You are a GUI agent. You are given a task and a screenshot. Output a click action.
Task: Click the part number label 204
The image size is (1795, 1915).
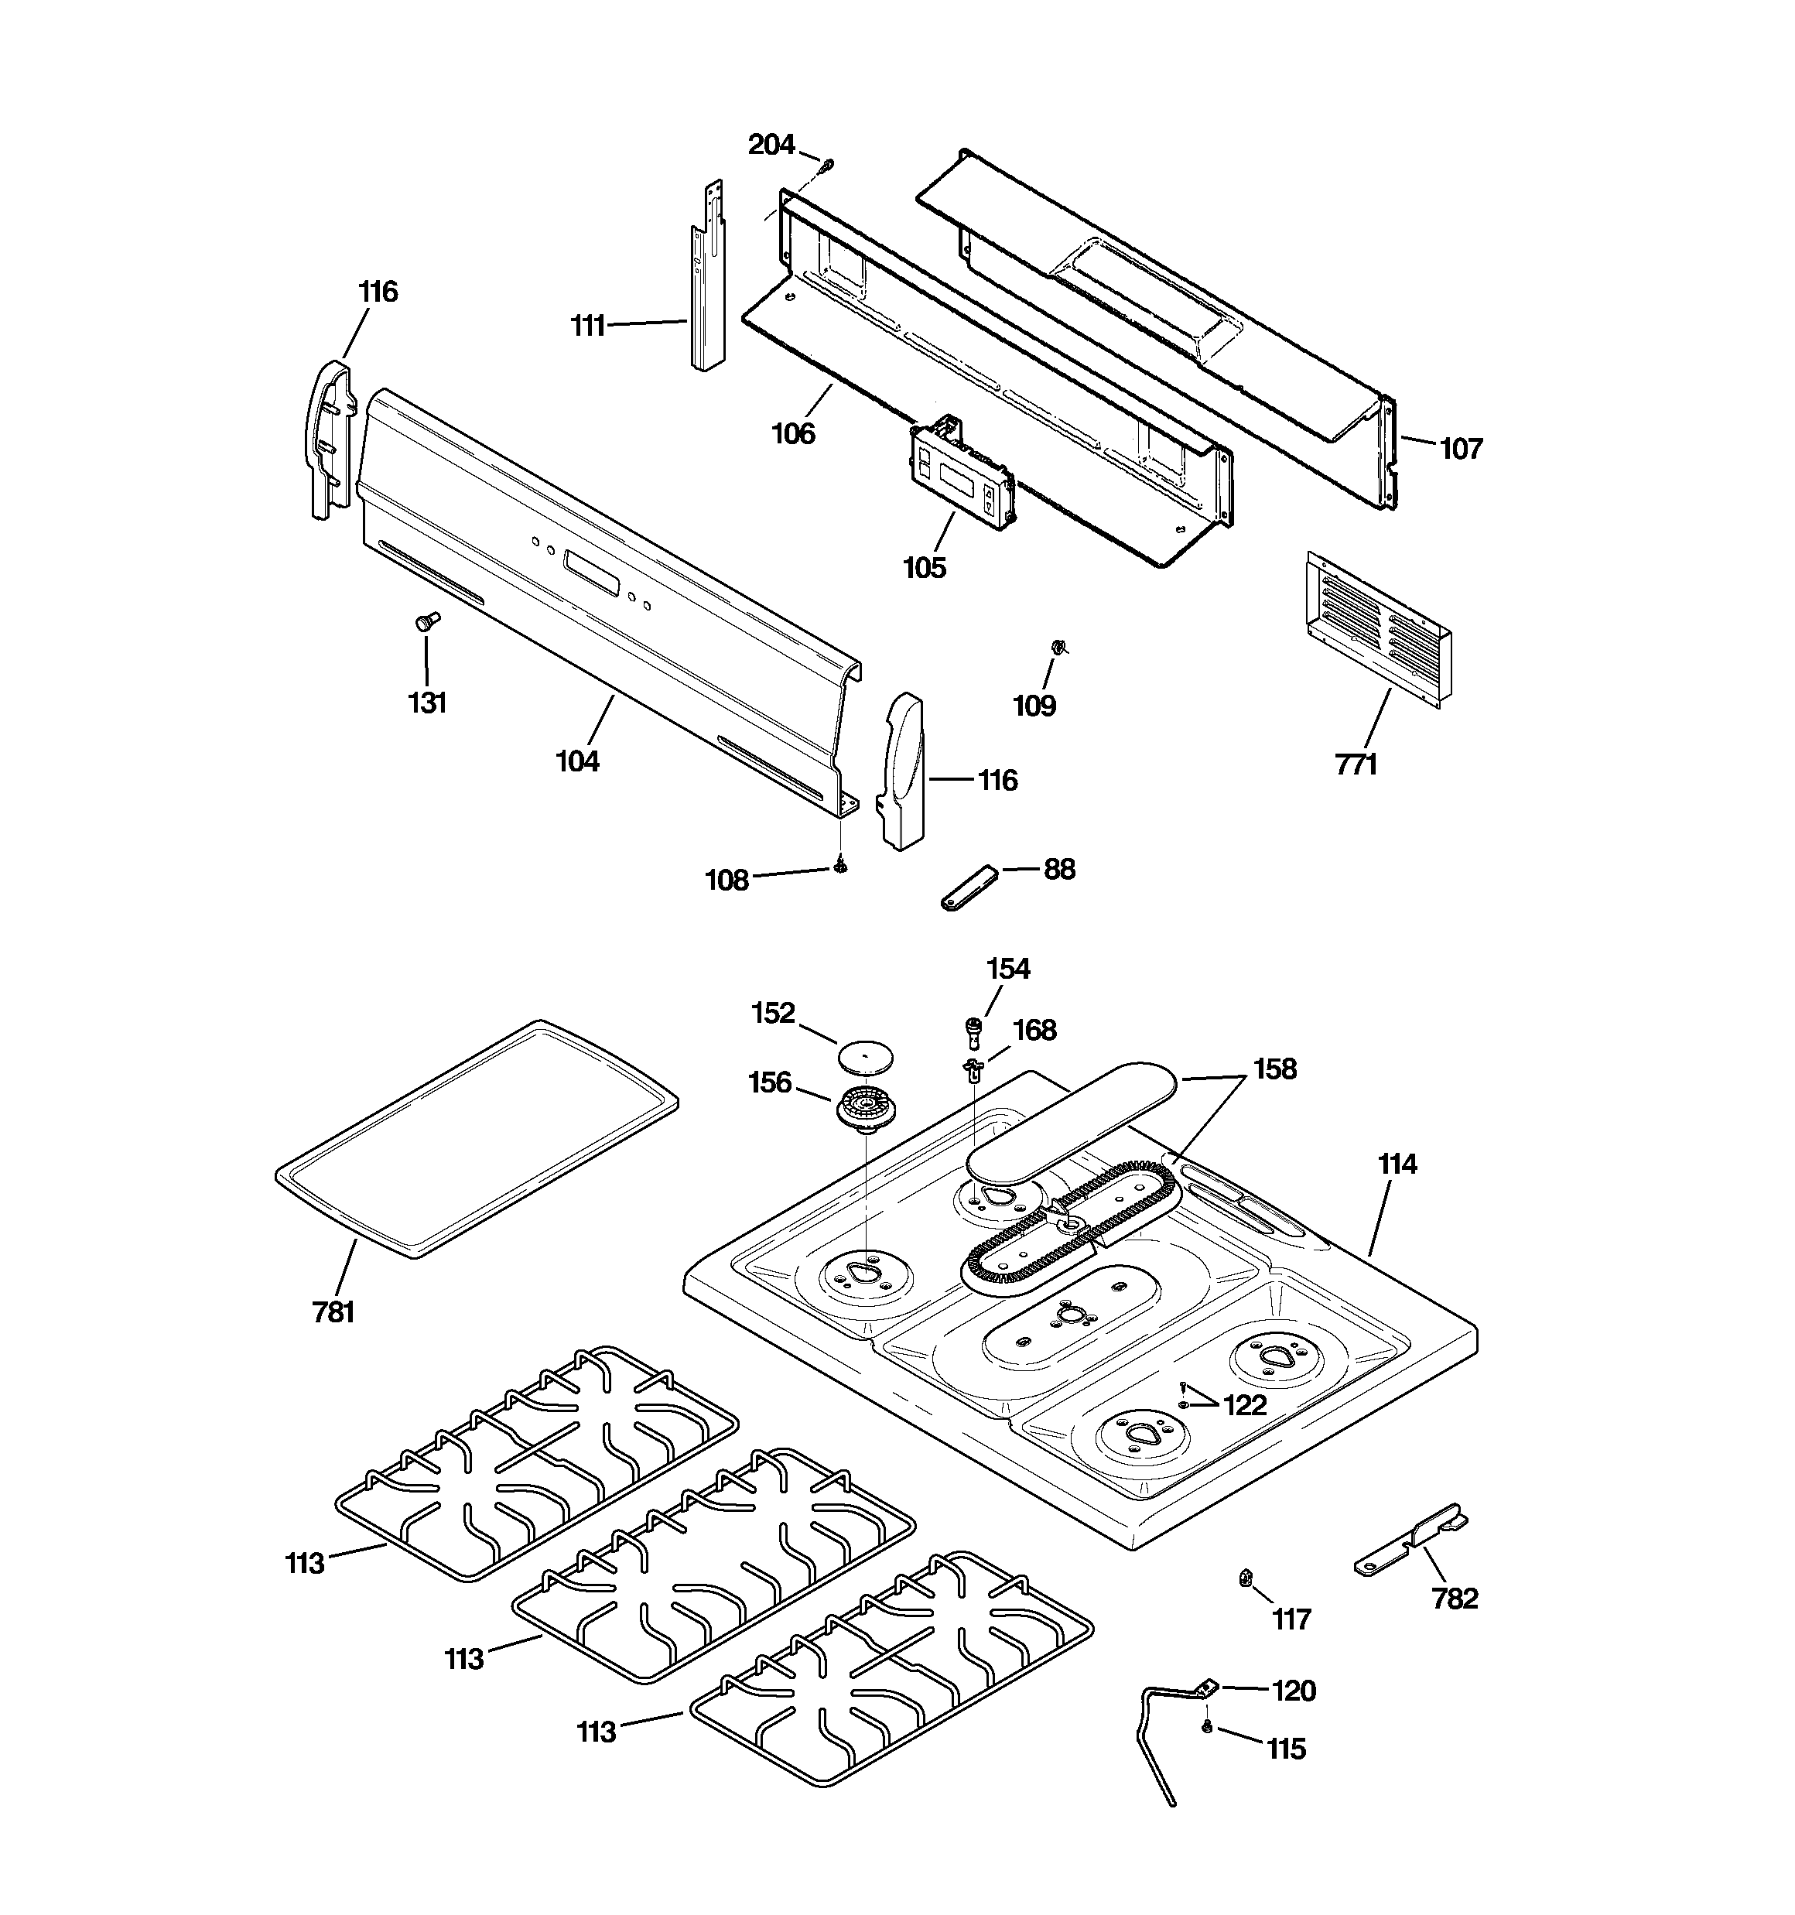[x=771, y=145]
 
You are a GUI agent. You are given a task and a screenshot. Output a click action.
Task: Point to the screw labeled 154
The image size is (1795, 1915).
[x=974, y=1031]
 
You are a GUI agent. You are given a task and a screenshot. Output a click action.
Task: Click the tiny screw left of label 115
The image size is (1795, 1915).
[x=1206, y=1728]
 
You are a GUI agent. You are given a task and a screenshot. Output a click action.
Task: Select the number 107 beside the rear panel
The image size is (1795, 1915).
[x=1461, y=448]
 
